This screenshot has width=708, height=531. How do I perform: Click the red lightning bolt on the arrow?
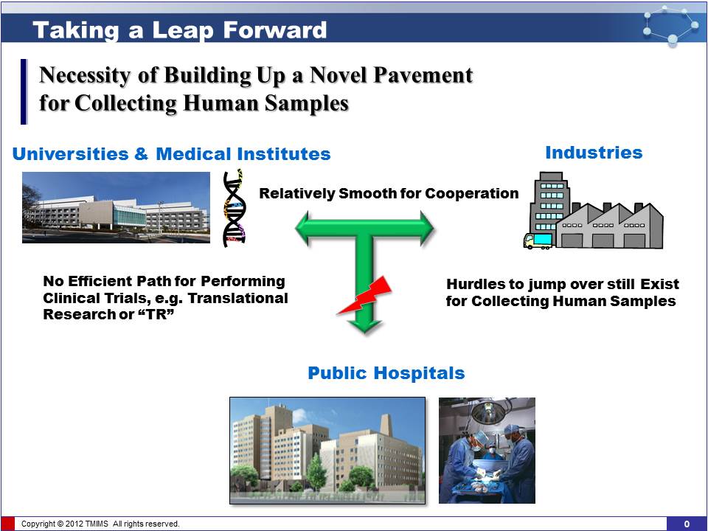tap(365, 295)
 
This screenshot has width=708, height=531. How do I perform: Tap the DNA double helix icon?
tap(235, 208)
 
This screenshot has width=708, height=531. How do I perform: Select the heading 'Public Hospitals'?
tap(386, 373)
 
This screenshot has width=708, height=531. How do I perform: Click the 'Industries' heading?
tap(594, 153)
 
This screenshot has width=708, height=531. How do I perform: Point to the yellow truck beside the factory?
tap(538, 240)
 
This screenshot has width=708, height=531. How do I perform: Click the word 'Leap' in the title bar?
tap(182, 30)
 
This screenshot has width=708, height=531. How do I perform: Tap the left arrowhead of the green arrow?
tap(303, 228)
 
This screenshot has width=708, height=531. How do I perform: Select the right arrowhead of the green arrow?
tap(426, 228)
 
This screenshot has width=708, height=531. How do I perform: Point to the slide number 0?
tap(687, 524)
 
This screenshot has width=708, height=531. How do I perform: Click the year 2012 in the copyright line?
tap(74, 524)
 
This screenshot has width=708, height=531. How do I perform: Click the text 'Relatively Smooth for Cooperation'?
tap(389, 193)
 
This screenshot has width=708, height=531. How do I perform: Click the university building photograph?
tap(116, 207)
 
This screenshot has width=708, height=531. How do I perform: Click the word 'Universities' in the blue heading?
tap(70, 154)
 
